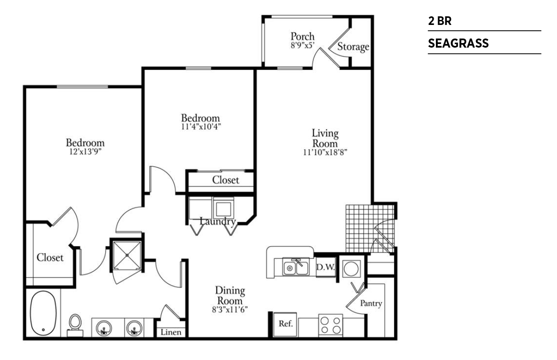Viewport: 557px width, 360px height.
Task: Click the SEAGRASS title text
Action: click(458, 43)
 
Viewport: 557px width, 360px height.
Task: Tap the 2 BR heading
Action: click(440, 21)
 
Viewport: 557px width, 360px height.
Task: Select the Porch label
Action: click(303, 37)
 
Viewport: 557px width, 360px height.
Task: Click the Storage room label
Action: click(353, 47)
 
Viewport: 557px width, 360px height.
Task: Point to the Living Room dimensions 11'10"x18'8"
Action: click(325, 152)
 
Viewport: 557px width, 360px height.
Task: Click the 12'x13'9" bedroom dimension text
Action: click(85, 151)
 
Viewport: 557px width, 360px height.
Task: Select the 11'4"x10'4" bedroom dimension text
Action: click(201, 126)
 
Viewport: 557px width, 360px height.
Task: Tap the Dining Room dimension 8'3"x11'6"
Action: click(230, 310)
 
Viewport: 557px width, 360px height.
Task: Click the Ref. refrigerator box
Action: click(285, 324)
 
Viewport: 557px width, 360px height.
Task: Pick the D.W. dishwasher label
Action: click(326, 267)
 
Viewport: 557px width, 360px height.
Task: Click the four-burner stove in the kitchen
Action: click(331, 325)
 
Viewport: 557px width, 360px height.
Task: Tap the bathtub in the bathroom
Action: click(43, 313)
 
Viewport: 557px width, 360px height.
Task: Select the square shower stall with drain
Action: click(127, 255)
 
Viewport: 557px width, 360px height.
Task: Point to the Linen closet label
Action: click(171, 332)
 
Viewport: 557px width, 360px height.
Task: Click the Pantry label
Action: click(371, 303)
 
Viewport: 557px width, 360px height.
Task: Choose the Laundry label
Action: click(218, 221)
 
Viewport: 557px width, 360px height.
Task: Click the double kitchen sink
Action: click(296, 267)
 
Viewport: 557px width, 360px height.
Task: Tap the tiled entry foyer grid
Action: click(370, 229)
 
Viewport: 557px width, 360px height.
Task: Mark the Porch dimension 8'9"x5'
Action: click(303, 45)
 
